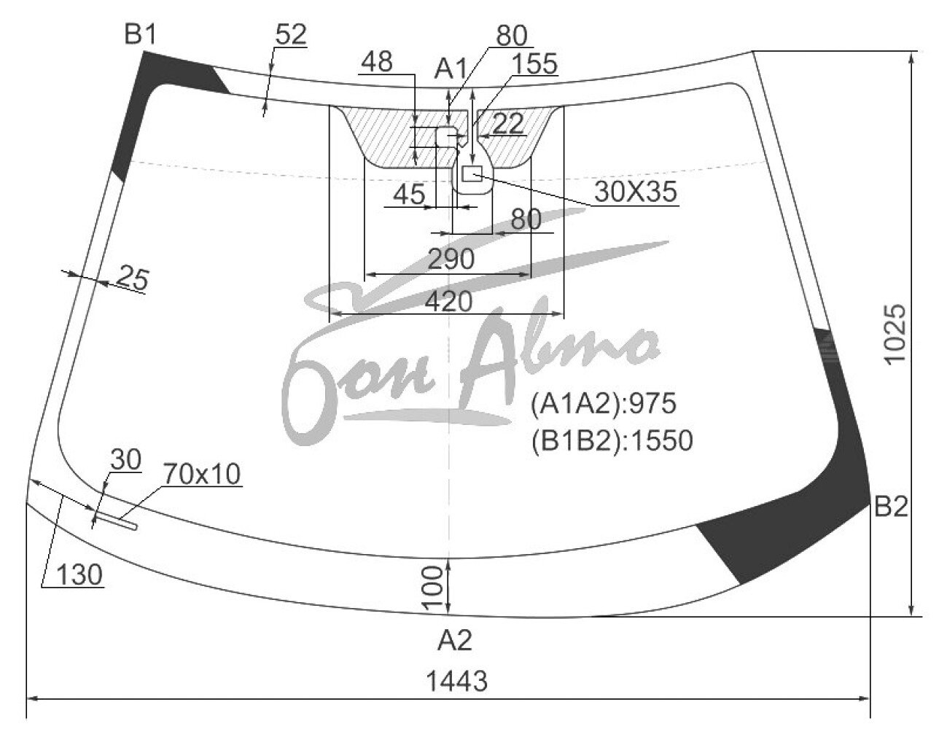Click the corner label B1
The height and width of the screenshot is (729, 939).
click(x=140, y=34)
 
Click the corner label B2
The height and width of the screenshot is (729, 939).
click(x=890, y=507)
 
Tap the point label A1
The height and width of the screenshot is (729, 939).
click(x=451, y=69)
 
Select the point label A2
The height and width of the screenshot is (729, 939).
click(x=455, y=640)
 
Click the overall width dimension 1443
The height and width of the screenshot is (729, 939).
click(x=457, y=681)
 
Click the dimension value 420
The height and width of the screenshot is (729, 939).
click(x=449, y=301)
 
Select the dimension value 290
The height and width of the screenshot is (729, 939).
click(x=451, y=260)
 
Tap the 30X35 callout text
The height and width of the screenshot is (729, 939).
click(x=635, y=192)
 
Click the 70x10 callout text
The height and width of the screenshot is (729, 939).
click(x=201, y=474)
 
